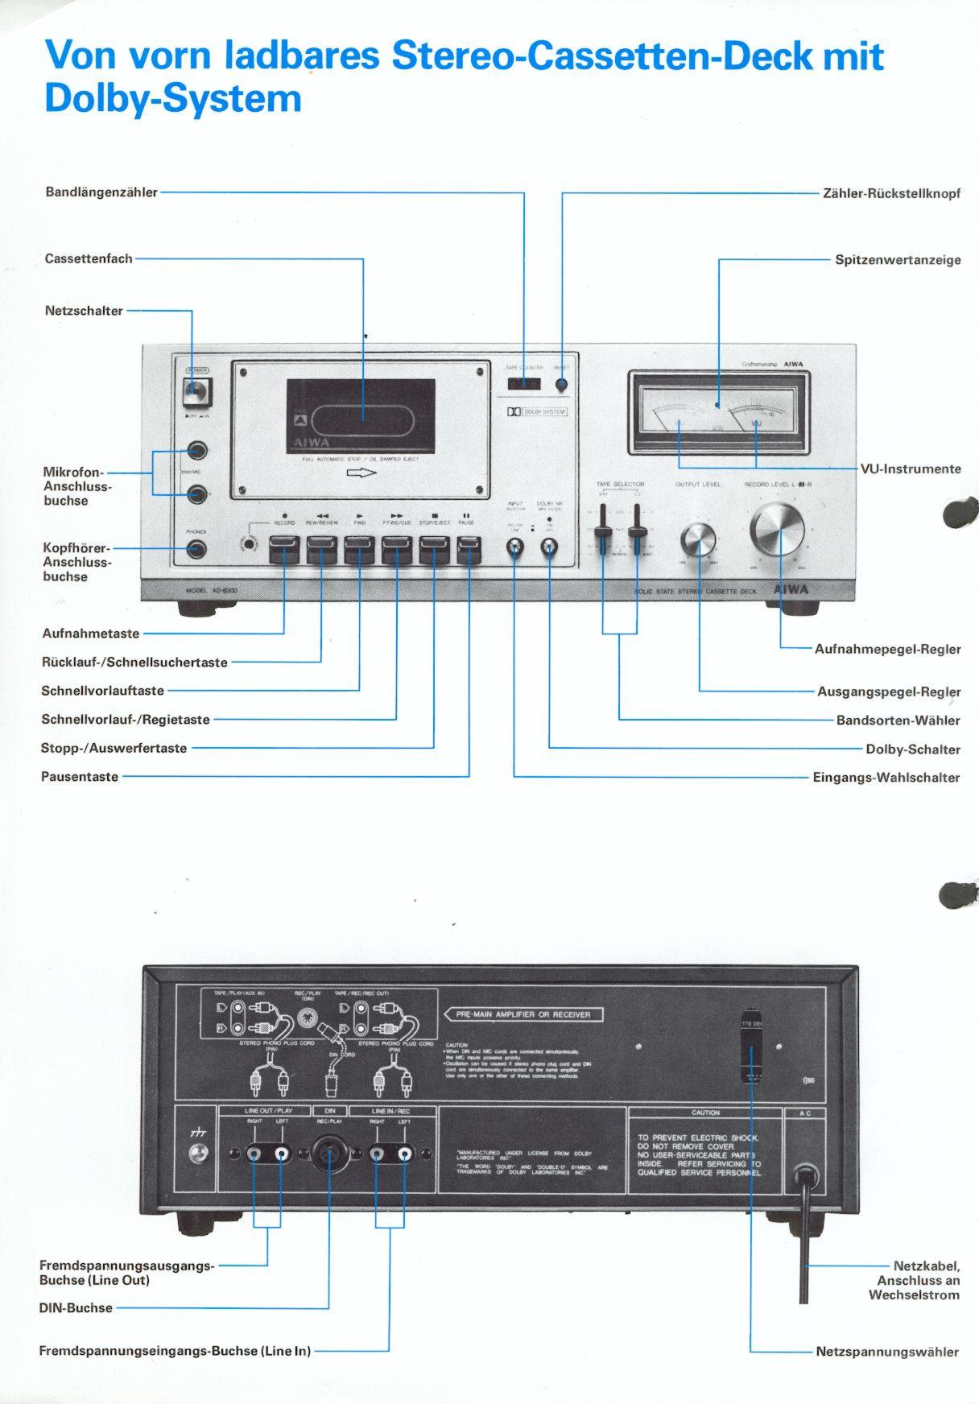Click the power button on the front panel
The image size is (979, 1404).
pyautogui.click(x=196, y=392)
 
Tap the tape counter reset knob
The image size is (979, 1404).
pyautogui.click(x=561, y=385)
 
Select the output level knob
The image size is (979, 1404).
pyautogui.click(x=698, y=539)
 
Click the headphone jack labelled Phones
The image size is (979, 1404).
pyautogui.click(x=196, y=551)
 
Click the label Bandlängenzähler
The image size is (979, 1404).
pyautogui.click(x=101, y=192)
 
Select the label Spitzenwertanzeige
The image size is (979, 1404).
pyautogui.click(x=898, y=260)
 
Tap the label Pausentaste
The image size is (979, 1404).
pyautogui.click(x=80, y=777)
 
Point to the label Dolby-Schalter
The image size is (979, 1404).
pyautogui.click(x=913, y=749)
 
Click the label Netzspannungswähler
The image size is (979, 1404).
pyautogui.click(x=887, y=1352)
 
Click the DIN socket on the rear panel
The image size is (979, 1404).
pyautogui.click(x=328, y=1154)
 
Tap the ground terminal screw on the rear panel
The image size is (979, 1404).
pyautogui.click(x=197, y=1155)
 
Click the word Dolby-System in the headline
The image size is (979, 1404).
pyautogui.click(x=173, y=98)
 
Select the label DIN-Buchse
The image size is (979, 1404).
pyautogui.click(x=76, y=1308)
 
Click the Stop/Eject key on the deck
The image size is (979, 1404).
pyautogui.click(x=434, y=551)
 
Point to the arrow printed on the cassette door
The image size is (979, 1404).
pyautogui.click(x=361, y=473)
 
